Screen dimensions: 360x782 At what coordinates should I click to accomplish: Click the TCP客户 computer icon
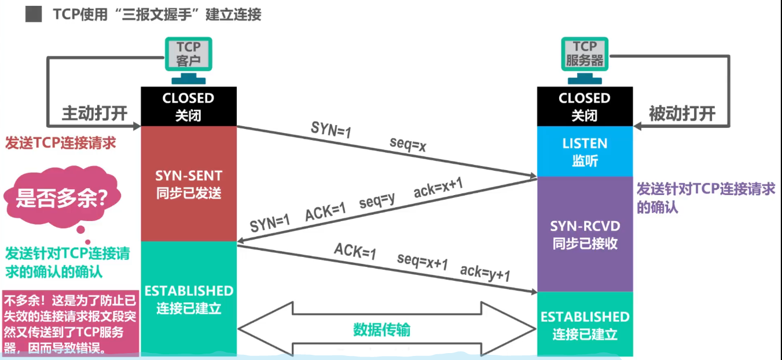188,55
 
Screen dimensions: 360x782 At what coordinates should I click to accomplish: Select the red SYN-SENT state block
189,183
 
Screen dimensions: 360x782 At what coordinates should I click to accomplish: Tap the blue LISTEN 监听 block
585,151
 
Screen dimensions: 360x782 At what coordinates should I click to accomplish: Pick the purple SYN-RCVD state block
585,234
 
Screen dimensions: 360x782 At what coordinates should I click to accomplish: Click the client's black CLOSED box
189,106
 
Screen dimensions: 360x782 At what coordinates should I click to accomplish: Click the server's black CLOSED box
585,106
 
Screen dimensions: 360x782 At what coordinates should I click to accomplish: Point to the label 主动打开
94,113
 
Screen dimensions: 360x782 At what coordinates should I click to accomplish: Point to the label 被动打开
681,113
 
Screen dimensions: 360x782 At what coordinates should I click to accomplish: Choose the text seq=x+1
423,262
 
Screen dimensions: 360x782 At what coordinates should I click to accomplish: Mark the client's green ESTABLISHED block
189,298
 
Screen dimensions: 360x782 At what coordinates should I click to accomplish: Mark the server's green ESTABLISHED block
585,324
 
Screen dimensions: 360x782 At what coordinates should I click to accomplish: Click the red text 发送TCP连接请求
61,143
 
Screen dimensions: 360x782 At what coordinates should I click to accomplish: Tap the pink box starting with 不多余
71,324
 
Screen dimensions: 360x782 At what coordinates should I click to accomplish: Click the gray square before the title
34,15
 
